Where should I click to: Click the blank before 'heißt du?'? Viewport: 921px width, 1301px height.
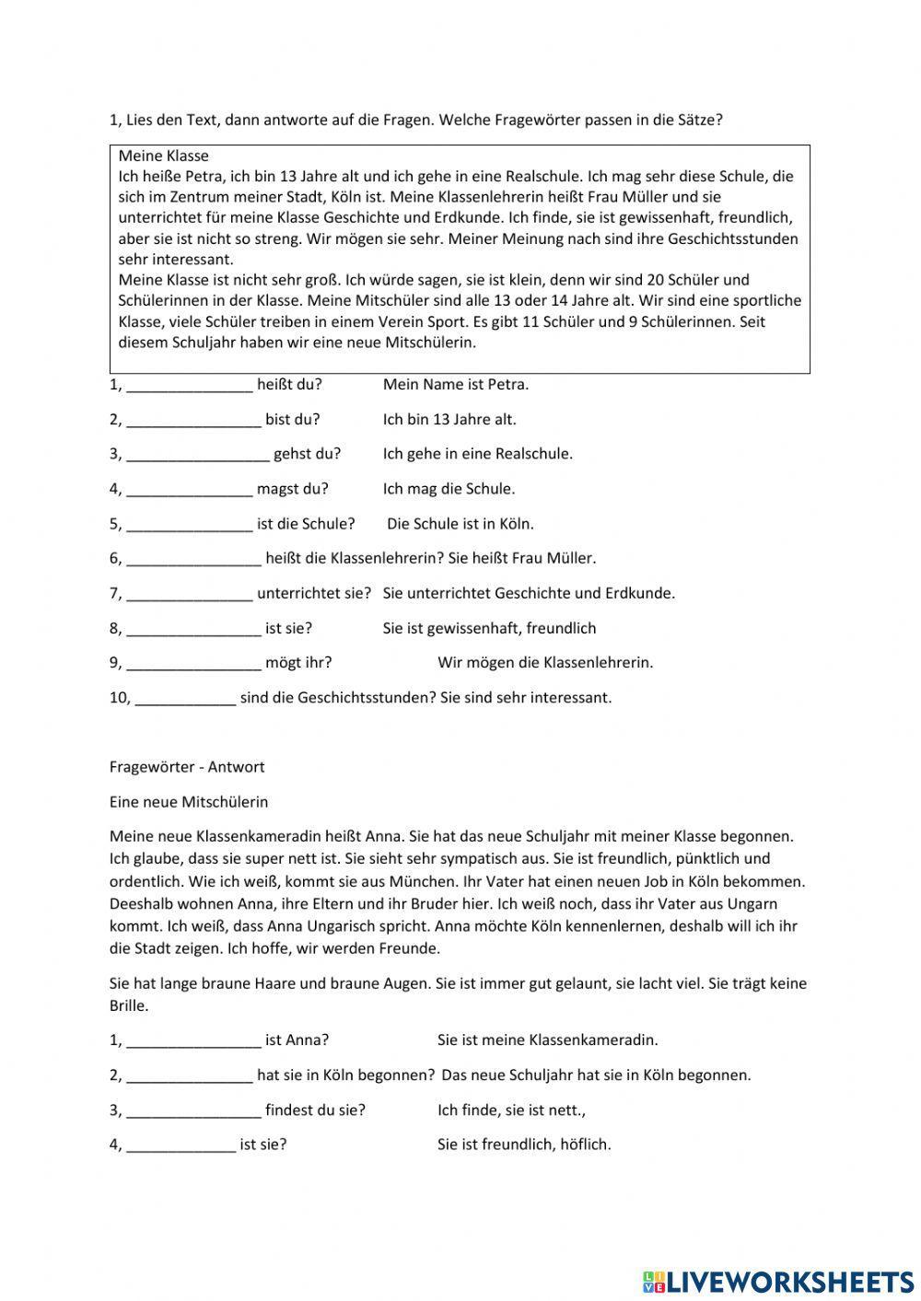pyautogui.click(x=189, y=385)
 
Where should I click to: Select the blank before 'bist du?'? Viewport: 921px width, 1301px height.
pyautogui.click(x=193, y=420)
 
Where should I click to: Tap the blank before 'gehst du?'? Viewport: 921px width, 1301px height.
pyautogui.click(x=198, y=454)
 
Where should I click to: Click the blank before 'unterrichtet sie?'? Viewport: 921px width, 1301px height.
pyautogui.click(x=189, y=594)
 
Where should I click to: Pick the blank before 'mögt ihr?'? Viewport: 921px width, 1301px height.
pyautogui.click(x=193, y=663)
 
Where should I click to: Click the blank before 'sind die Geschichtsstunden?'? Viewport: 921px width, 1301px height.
pyautogui.click(x=185, y=698)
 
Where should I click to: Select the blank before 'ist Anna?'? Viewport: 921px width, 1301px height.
pyautogui.click(x=193, y=1040)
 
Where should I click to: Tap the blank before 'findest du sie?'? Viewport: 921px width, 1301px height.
pyautogui.click(x=193, y=1110)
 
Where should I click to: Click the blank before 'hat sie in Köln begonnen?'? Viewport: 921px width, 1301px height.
pyautogui.click(x=189, y=1075)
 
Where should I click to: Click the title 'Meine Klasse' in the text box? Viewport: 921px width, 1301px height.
pyautogui.click(x=163, y=156)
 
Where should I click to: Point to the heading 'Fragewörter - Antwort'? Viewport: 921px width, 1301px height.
pyautogui.click(x=187, y=767)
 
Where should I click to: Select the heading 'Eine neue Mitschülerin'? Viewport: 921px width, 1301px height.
pyautogui.click(x=189, y=802)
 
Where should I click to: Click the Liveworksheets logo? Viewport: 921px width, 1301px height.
pyautogui.click(x=778, y=1281)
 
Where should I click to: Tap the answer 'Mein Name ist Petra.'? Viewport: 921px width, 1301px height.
pyautogui.click(x=456, y=385)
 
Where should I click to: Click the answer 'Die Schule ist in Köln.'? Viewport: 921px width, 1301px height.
pyautogui.click(x=460, y=524)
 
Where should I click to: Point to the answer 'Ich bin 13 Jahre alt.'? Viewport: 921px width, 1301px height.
pyautogui.click(x=449, y=420)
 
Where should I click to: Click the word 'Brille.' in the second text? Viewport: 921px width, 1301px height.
pyautogui.click(x=129, y=1005)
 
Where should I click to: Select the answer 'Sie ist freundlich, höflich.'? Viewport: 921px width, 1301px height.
pyautogui.click(x=524, y=1144)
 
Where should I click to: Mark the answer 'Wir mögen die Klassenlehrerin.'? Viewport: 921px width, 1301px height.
pyautogui.click(x=544, y=663)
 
